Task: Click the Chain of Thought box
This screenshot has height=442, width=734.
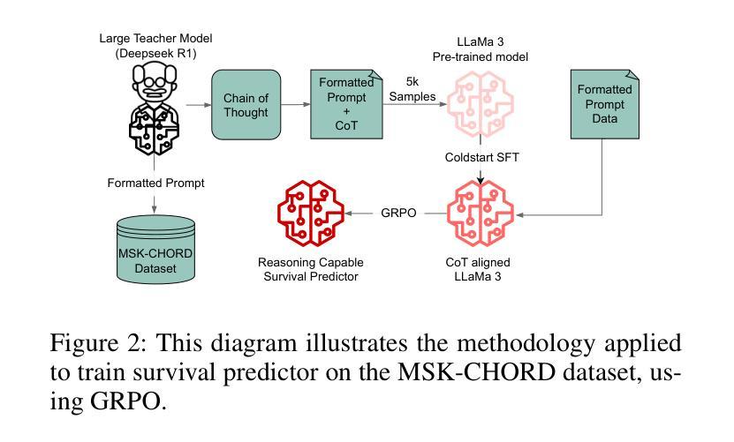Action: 245,105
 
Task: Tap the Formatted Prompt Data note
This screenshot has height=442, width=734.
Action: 605,105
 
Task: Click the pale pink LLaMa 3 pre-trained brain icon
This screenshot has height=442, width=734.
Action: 481,105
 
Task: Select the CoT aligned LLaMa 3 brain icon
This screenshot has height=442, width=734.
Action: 481,214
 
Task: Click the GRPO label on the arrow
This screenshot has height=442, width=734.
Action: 398,214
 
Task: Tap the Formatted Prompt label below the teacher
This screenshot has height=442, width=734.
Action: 155,184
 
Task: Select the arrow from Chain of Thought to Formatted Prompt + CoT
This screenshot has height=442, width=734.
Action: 299,105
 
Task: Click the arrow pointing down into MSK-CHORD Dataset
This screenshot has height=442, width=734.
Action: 155,205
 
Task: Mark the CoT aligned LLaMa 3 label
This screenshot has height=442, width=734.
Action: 481,269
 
